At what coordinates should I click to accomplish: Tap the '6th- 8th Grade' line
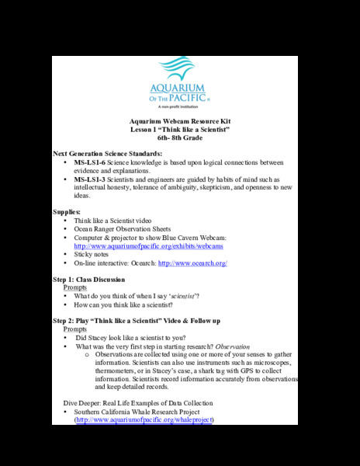(x=179, y=137)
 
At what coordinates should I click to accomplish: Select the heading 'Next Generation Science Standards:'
(x=107, y=155)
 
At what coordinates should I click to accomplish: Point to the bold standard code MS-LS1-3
(x=91, y=179)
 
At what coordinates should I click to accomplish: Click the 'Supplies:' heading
(x=66, y=211)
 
